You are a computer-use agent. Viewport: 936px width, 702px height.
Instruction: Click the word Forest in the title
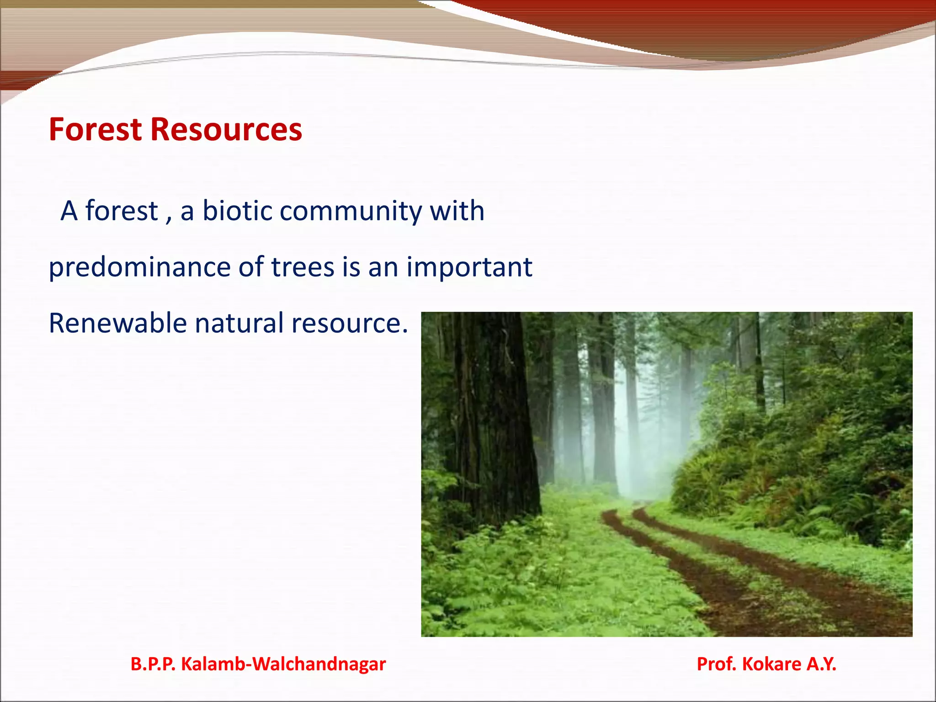coord(96,129)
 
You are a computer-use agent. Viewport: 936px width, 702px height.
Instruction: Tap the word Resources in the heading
coord(226,129)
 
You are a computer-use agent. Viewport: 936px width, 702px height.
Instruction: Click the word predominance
coord(139,267)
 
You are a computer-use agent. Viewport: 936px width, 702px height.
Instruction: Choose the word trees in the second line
coord(303,267)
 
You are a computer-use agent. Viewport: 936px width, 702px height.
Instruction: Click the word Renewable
coord(118,323)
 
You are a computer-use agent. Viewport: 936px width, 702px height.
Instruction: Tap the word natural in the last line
coord(239,323)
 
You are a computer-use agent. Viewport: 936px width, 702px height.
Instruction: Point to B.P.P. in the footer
coord(153,664)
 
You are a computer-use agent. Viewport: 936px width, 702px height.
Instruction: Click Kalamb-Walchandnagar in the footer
coord(283,664)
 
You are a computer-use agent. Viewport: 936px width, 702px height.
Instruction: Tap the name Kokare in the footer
coord(771,664)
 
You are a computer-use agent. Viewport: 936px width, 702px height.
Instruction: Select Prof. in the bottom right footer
coord(716,664)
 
